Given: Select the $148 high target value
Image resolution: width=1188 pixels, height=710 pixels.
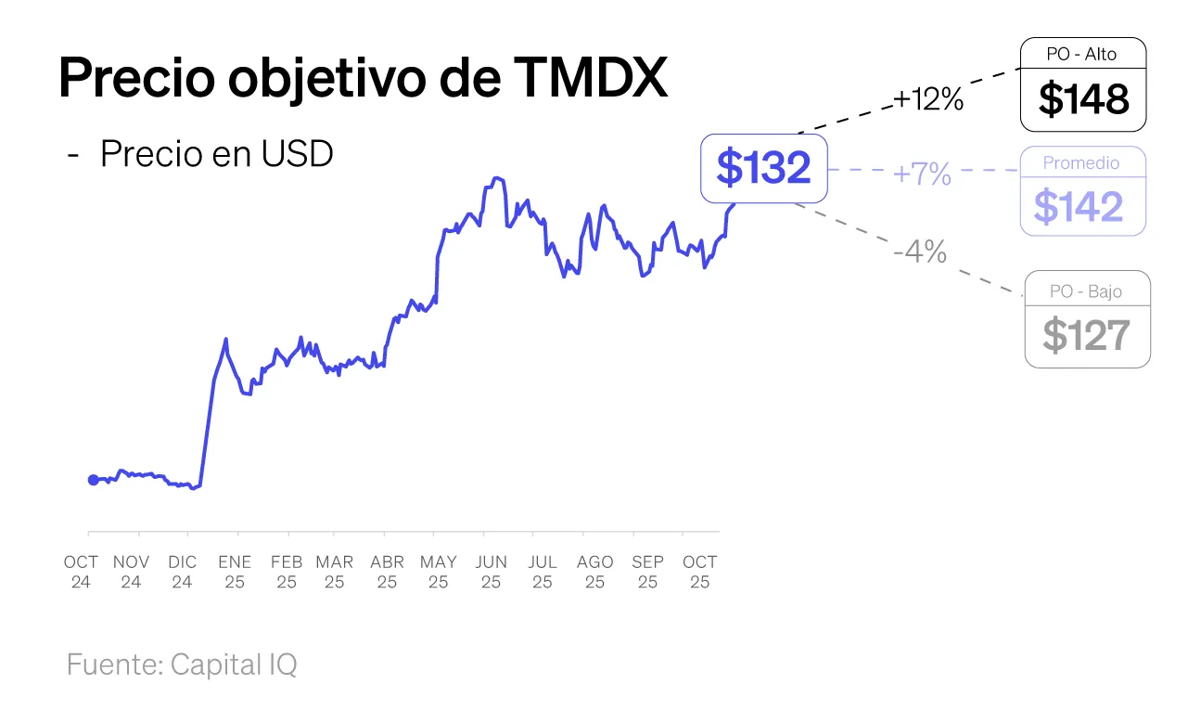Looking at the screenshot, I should [x=1083, y=99].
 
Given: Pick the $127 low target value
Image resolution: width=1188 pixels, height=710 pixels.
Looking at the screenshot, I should [x=1086, y=335].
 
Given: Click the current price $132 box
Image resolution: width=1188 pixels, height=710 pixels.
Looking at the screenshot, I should [x=763, y=168].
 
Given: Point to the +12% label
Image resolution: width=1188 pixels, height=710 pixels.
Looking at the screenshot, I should [x=928, y=99].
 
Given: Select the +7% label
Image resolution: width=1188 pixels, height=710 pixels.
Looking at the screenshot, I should [x=922, y=174].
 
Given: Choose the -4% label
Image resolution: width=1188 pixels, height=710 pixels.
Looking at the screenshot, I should [x=920, y=251].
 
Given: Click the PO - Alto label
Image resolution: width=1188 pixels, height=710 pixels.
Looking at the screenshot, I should [x=1081, y=54].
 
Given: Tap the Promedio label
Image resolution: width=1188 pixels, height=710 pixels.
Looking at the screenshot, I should [x=1081, y=162].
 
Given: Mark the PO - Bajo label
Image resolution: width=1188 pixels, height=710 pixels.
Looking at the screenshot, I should [x=1086, y=291].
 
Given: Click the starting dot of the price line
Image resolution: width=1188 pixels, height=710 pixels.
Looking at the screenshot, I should [x=93, y=480].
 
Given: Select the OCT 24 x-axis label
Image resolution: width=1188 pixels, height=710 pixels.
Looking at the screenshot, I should [x=81, y=572].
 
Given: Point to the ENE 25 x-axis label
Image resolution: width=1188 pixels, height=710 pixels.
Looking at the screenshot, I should [x=236, y=572].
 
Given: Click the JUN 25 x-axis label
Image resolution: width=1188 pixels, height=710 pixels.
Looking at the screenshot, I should [x=492, y=572].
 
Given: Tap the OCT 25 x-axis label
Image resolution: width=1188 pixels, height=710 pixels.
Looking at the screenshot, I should [x=700, y=572].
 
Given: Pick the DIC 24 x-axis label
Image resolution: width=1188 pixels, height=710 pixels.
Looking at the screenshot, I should [x=183, y=572].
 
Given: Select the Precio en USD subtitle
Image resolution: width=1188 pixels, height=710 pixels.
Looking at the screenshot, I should [x=216, y=154].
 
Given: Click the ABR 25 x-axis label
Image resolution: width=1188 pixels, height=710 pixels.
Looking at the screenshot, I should [x=387, y=572].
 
